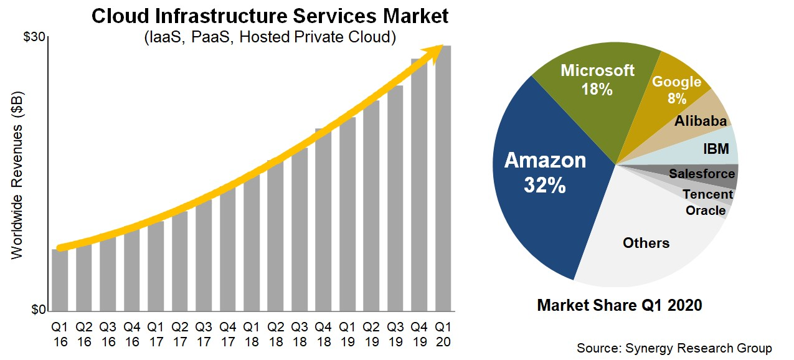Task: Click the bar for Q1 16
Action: (x=60, y=280)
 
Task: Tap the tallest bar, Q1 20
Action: (x=443, y=181)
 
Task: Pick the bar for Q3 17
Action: (x=204, y=255)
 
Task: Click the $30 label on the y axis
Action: (x=34, y=37)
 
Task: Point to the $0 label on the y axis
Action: (x=39, y=310)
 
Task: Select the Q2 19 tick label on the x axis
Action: (x=371, y=334)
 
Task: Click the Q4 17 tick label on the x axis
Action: (x=227, y=334)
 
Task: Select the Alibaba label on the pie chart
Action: (x=701, y=121)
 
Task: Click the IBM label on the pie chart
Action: (x=716, y=149)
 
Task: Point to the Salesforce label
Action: (x=702, y=174)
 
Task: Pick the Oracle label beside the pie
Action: (x=706, y=211)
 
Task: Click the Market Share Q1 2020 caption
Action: (x=619, y=306)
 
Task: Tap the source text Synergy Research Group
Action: (x=674, y=348)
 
